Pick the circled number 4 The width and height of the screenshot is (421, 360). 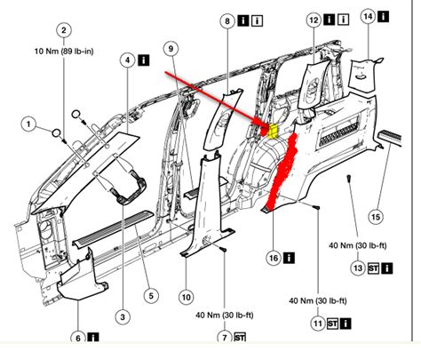(x=128, y=60)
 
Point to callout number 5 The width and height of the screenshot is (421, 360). (x=151, y=295)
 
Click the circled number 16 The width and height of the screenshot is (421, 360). (x=274, y=258)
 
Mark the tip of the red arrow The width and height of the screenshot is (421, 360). (x=265, y=124)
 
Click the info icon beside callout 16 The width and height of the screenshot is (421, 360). (x=291, y=258)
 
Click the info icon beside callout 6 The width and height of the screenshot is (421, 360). (x=94, y=337)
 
